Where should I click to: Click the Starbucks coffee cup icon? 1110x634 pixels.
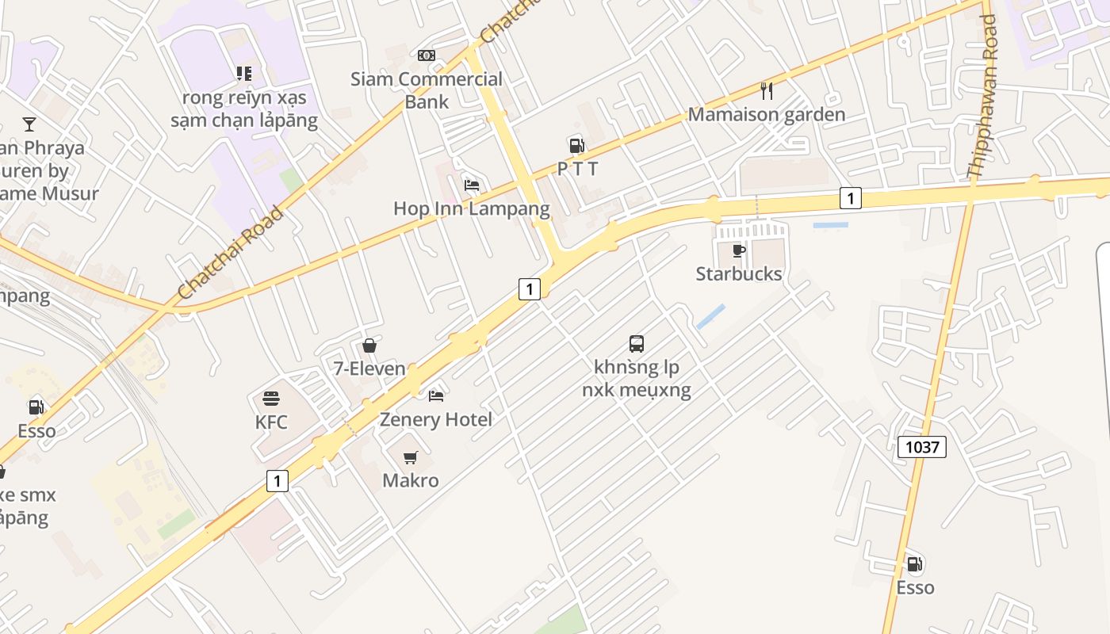pos(739,251)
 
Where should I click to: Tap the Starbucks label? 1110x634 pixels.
pos(739,274)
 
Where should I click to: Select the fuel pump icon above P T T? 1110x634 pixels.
pos(576,145)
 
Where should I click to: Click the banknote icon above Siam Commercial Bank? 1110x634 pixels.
pos(427,55)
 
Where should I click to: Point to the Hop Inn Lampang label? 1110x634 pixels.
pos(471,208)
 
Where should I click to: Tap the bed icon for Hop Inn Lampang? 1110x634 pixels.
pos(472,185)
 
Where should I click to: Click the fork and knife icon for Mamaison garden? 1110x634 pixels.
pos(766,91)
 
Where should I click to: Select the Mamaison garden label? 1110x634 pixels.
pos(766,114)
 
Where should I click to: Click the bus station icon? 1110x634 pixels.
pos(637,344)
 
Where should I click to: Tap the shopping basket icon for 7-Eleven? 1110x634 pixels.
pos(369,346)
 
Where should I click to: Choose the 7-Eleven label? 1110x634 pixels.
pos(369,369)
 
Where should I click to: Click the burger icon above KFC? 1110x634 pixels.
pos(271,398)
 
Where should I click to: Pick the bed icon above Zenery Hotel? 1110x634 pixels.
pos(436,395)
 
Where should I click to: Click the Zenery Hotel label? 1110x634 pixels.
pos(435,419)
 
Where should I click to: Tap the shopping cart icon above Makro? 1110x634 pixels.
pos(411,457)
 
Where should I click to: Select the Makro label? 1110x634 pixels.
pos(410,480)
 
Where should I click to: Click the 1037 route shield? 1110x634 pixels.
pos(922,447)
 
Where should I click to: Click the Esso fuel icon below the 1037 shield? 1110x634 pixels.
pos(915,564)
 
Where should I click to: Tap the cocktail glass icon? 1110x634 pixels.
pos(29,124)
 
